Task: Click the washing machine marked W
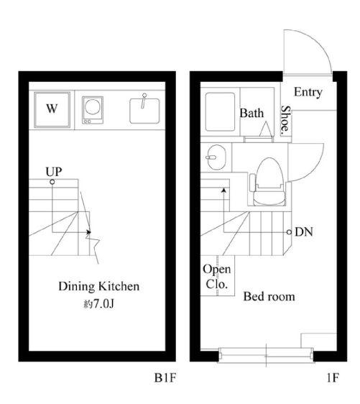tap(52, 109)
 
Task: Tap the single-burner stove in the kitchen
tap(93, 110)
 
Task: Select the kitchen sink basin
tap(144, 111)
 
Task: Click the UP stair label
tap(54, 172)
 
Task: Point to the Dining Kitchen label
tap(99, 286)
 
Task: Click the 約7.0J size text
tap(99, 304)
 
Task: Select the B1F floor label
tap(165, 378)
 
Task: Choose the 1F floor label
tap(333, 378)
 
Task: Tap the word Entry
tap(308, 93)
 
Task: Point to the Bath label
tap(251, 113)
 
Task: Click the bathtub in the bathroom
tap(220, 112)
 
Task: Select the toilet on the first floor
tap(268, 182)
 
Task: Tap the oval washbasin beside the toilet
tap(216, 157)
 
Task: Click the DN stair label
tap(304, 232)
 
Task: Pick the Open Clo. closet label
tap(216, 277)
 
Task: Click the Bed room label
tap(269, 297)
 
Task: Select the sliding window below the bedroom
tap(267, 356)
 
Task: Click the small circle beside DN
tap(289, 232)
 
